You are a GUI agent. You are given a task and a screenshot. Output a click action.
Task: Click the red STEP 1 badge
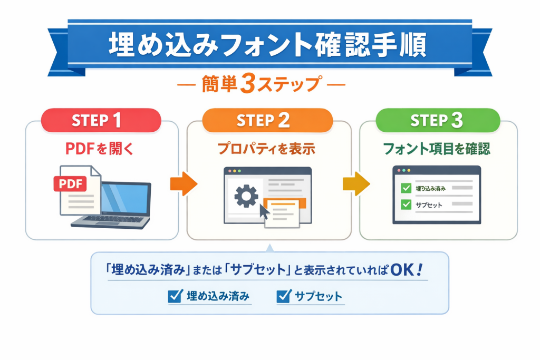coord(101,120)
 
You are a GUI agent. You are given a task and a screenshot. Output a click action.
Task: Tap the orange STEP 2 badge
coord(267,120)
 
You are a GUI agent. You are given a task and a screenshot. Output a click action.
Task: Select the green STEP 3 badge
coord(438,120)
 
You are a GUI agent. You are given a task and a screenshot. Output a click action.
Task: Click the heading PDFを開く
coord(100,149)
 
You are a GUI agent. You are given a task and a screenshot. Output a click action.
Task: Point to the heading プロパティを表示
coord(266,149)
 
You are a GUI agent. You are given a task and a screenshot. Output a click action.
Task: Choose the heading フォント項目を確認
coord(437,149)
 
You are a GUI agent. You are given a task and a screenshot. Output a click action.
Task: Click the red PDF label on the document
coord(70,183)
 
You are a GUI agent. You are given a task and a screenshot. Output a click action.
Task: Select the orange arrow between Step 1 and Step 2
coord(184,184)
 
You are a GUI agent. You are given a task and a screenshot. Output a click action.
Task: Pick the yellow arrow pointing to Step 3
coord(356,184)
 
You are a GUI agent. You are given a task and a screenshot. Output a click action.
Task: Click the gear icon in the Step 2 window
coord(246,196)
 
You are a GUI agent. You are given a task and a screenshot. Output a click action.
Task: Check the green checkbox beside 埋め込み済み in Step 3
coord(406,188)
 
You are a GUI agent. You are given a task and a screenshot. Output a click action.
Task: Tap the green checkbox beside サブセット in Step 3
coord(406,205)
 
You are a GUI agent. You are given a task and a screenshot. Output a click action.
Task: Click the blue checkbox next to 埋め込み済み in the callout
coord(175,296)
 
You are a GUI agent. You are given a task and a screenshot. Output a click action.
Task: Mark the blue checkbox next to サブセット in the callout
coord(284,296)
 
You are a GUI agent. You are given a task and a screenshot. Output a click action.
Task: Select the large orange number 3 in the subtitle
coord(248,83)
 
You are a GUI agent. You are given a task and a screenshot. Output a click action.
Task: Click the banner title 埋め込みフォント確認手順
coord(268,44)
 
